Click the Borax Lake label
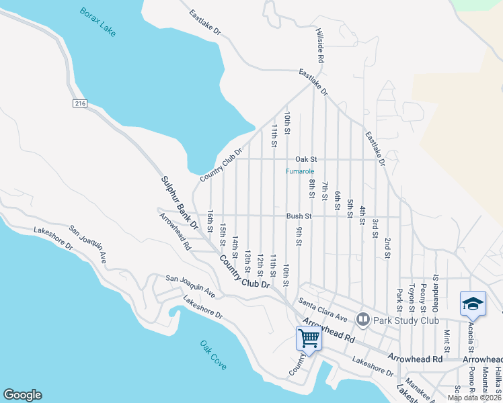tap(97, 23)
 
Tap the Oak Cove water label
tap(213, 355)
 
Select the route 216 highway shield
tap(81, 103)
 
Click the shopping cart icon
tap(309, 338)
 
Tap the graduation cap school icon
tap(472, 304)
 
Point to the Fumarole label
tap(300, 171)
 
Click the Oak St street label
tap(305, 159)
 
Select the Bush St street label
tap(299, 216)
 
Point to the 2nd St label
tap(387, 247)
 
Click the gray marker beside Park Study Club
tap(364, 318)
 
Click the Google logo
tap(22, 395)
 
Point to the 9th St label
tap(298, 236)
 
